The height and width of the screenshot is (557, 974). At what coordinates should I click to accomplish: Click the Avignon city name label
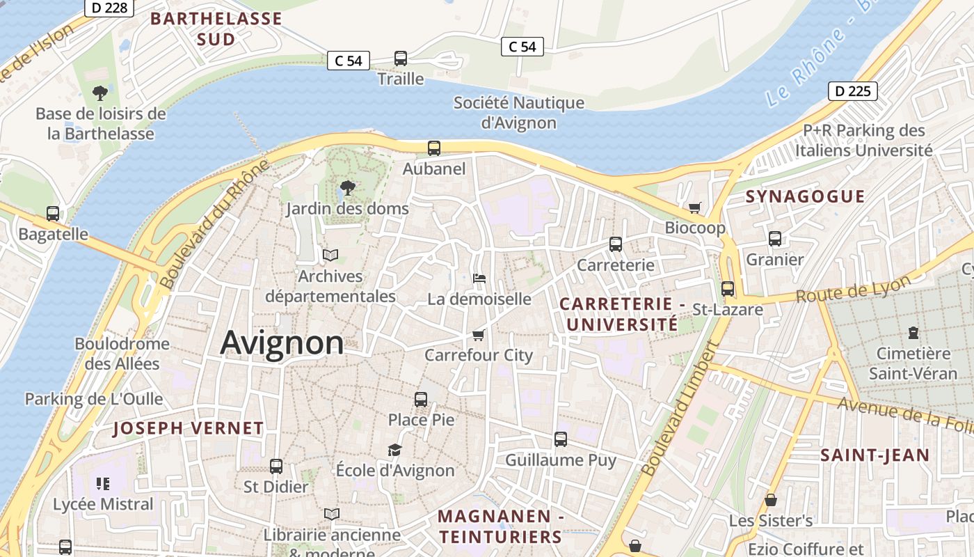click(x=282, y=343)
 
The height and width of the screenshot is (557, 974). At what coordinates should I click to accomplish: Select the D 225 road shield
click(x=852, y=91)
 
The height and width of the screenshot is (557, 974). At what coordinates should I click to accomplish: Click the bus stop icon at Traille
click(x=401, y=58)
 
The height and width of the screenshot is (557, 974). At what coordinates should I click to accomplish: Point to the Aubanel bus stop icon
click(x=434, y=148)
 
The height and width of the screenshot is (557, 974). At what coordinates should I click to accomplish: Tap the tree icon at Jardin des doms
click(x=347, y=187)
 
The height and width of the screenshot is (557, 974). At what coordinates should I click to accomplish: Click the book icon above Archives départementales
click(x=330, y=256)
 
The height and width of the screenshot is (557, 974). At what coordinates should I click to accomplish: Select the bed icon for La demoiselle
click(x=479, y=278)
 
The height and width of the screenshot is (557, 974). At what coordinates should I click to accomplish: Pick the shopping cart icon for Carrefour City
click(x=479, y=335)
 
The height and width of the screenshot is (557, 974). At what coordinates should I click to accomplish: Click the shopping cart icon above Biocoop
click(x=694, y=207)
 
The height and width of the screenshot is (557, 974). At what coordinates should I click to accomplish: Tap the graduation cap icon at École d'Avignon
click(x=395, y=450)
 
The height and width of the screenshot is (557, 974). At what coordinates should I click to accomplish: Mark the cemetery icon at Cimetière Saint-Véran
click(x=913, y=333)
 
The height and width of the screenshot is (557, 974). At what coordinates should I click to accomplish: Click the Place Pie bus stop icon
click(x=421, y=399)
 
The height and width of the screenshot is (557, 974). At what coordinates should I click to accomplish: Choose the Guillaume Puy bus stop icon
click(x=561, y=439)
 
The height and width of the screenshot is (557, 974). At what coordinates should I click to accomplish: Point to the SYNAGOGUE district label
click(x=805, y=196)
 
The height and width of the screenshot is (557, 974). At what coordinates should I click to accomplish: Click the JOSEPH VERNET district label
click(x=189, y=428)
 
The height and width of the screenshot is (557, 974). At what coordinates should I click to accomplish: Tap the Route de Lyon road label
click(x=853, y=289)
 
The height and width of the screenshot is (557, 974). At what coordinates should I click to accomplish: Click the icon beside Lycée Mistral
click(x=103, y=483)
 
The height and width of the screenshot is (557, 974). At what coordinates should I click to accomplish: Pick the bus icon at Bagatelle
click(x=53, y=214)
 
